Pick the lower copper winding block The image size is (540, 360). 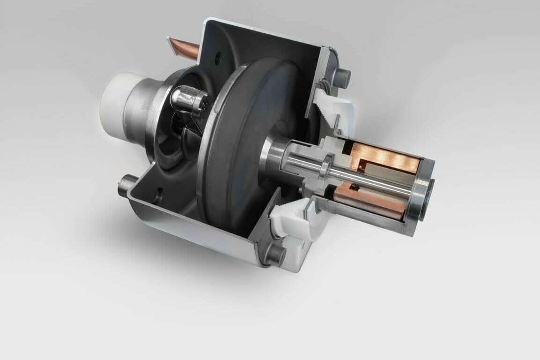point(370,202)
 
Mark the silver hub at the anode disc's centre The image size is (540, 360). point(272,152)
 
